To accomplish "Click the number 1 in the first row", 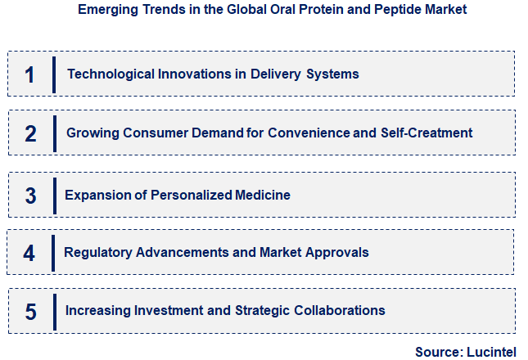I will [30, 74].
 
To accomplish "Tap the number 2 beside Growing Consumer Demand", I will [30, 133].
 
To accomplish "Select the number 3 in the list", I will [30, 196].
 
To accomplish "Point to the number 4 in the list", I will [29, 253].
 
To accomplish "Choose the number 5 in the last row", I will [30, 312].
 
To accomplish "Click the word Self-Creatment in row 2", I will [426, 133].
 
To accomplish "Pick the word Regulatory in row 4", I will [97, 253].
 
